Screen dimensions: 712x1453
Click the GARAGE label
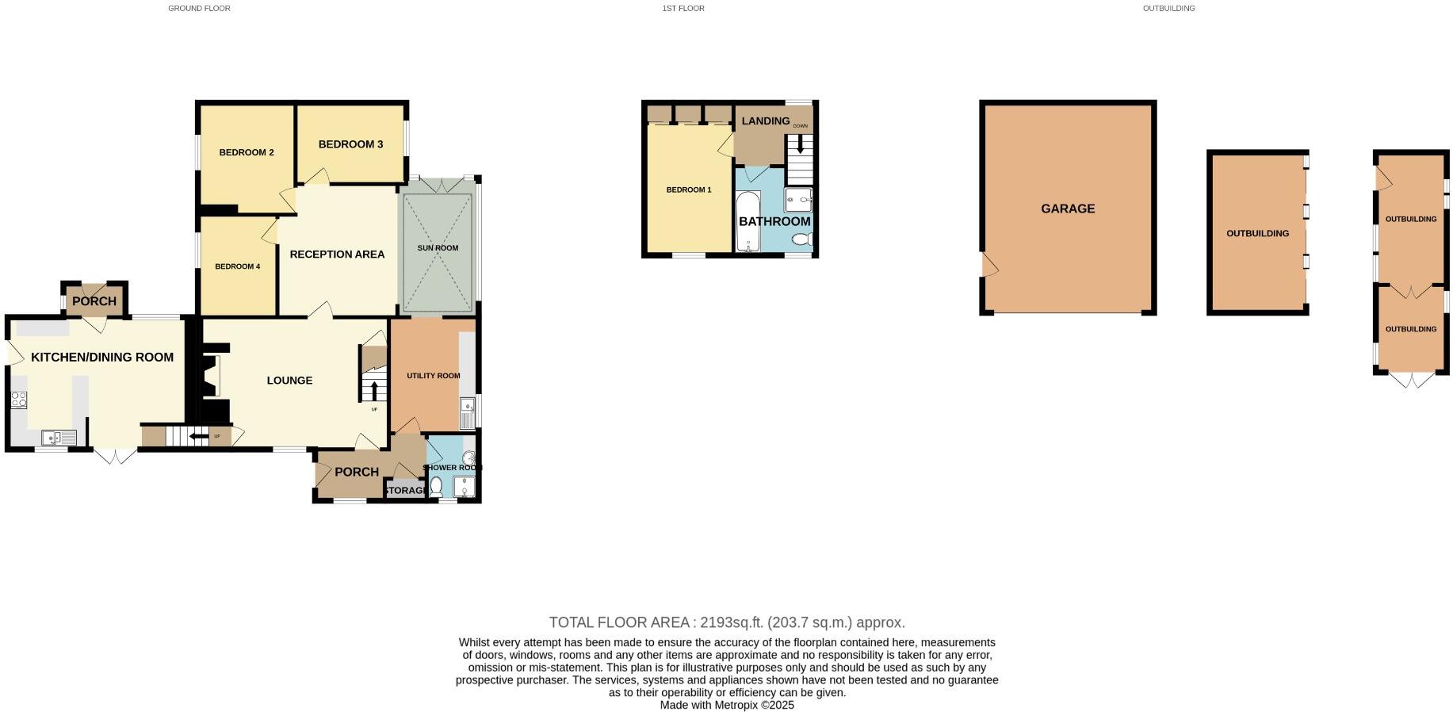1068,209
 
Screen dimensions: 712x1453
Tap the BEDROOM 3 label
350,144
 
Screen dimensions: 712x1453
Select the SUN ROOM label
438,248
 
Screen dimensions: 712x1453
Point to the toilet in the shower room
436,486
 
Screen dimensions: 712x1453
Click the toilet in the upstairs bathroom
802,239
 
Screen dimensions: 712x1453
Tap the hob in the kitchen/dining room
18,400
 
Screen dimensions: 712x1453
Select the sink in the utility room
466,413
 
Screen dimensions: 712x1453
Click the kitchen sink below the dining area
58,437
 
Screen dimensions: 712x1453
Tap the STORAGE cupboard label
405,491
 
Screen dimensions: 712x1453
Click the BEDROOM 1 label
688,190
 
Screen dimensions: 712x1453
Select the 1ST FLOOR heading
683,9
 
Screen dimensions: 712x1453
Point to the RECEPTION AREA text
337,255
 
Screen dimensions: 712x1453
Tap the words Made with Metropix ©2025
727,705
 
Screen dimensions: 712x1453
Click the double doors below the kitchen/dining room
115,456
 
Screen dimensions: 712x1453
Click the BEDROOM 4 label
237,266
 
